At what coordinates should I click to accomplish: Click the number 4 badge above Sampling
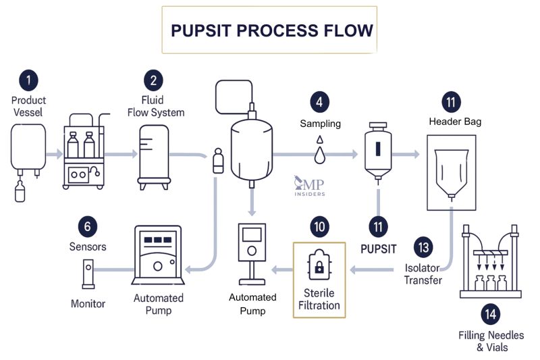pyautogui.click(x=320, y=102)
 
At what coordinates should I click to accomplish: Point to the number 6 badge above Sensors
pyautogui.click(x=88, y=225)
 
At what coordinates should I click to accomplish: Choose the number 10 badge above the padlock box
pyautogui.click(x=319, y=225)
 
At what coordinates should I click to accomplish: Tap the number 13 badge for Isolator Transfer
pyautogui.click(x=423, y=247)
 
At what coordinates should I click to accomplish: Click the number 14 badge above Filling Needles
pyautogui.click(x=491, y=313)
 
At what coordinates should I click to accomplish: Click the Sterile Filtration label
pyautogui.click(x=319, y=299)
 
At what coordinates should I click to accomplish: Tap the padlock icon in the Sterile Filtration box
pyautogui.click(x=319, y=265)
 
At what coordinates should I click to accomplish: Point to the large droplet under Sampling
pyautogui.click(x=320, y=155)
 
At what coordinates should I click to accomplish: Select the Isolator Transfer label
pyautogui.click(x=423, y=274)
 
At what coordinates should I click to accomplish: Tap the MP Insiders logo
pyautogui.click(x=309, y=186)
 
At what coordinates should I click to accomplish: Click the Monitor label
pyautogui.click(x=88, y=303)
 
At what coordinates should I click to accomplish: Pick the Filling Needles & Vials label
pyautogui.click(x=491, y=341)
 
